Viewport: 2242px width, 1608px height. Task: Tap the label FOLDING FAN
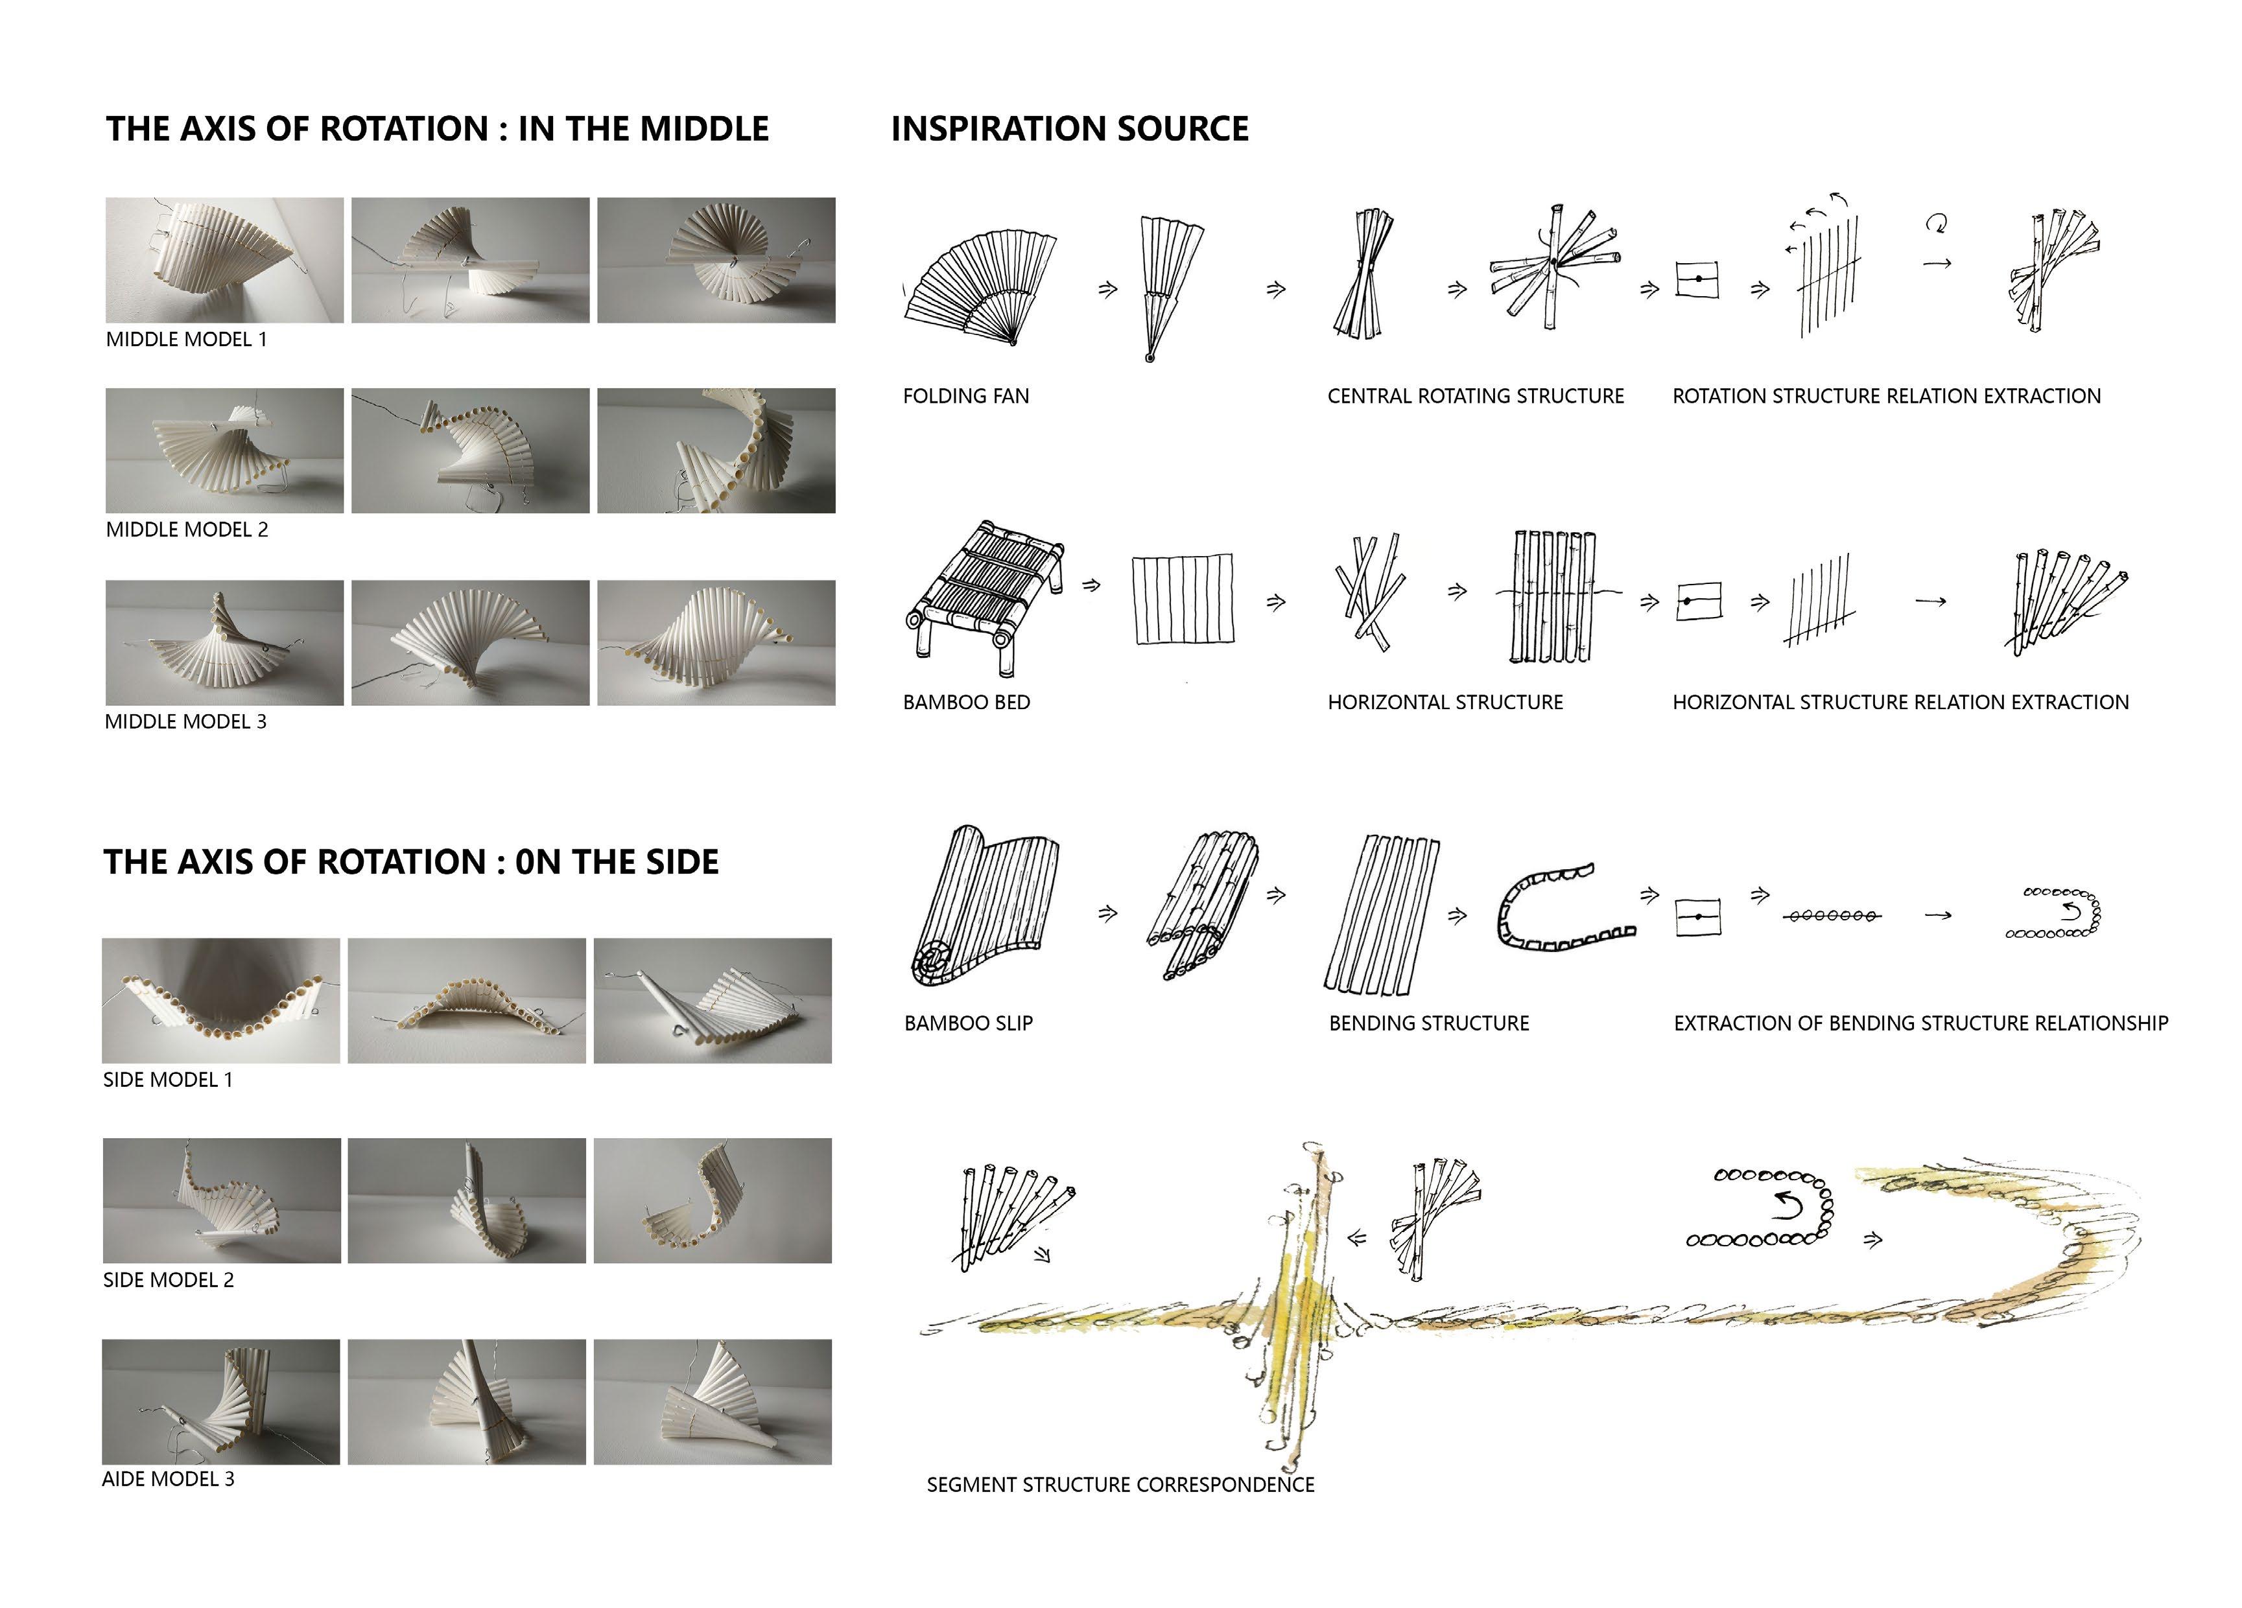coord(966,396)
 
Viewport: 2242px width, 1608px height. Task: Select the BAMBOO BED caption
coord(966,703)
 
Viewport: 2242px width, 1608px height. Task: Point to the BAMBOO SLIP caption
coord(968,1024)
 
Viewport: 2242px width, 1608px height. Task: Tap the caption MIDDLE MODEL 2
coord(187,530)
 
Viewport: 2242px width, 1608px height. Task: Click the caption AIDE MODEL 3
coord(168,1480)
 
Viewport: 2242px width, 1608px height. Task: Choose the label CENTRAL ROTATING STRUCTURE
coord(1475,396)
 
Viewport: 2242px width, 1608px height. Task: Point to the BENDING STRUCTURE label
coord(1428,1024)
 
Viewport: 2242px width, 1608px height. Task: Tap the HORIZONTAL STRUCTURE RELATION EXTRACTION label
coord(1900,703)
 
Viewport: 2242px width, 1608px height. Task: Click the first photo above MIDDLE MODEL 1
coord(224,260)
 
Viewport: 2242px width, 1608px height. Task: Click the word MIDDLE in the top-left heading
coord(706,130)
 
